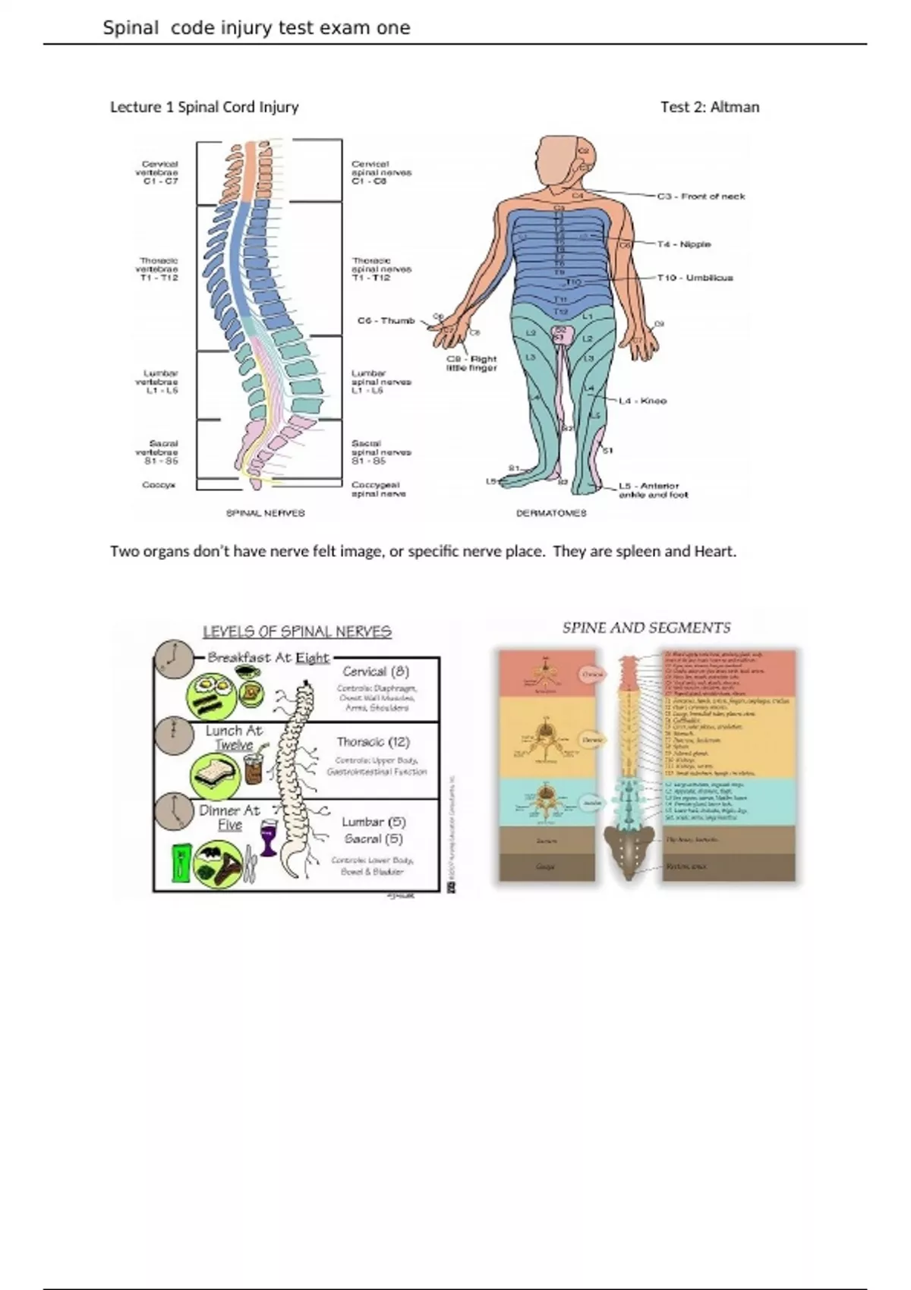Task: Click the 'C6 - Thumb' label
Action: pyautogui.click(x=386, y=321)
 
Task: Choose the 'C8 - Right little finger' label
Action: pyautogui.click(x=471, y=363)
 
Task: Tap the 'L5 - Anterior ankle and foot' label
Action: pyautogui.click(x=653, y=490)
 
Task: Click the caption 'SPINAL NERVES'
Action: pyautogui.click(x=266, y=513)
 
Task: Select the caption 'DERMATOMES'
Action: pyautogui.click(x=551, y=513)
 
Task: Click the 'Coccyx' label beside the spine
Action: pyautogui.click(x=159, y=485)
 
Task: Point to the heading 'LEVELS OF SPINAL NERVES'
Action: pyautogui.click(x=297, y=631)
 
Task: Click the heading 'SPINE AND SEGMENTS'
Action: pyautogui.click(x=646, y=628)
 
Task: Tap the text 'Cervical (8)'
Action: pyautogui.click(x=376, y=672)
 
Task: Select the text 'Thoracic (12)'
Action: pyautogui.click(x=373, y=742)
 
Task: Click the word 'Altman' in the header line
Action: pyautogui.click(x=735, y=107)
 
